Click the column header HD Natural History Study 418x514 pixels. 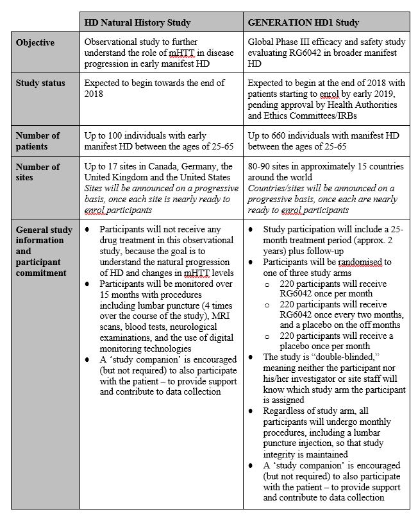(137, 22)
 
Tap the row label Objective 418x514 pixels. (35, 42)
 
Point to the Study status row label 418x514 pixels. (40, 83)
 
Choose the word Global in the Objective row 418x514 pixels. (262, 42)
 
